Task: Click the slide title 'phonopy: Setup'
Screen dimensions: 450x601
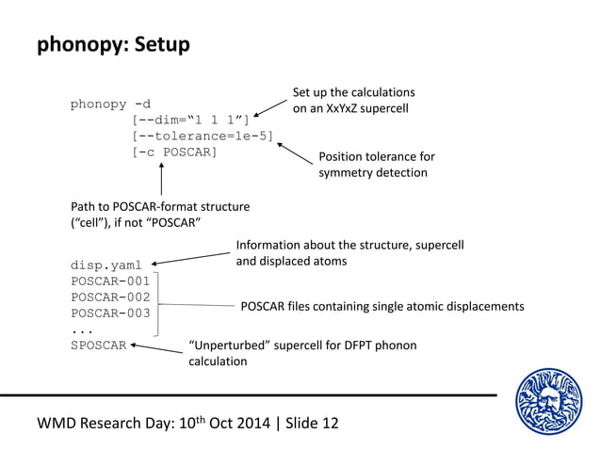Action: point(113,44)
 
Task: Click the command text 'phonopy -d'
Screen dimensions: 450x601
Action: point(110,104)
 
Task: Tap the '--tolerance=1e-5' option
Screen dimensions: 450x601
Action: point(203,136)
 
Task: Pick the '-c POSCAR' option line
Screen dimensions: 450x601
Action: point(174,152)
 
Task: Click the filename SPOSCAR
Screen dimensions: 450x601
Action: point(98,346)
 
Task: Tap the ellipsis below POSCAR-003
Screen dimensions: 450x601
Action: point(82,329)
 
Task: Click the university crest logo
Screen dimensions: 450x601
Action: point(549,402)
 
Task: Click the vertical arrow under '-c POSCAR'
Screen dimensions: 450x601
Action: point(162,178)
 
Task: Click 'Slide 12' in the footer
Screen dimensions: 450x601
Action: point(305,423)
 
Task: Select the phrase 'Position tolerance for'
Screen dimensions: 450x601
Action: point(376,156)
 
